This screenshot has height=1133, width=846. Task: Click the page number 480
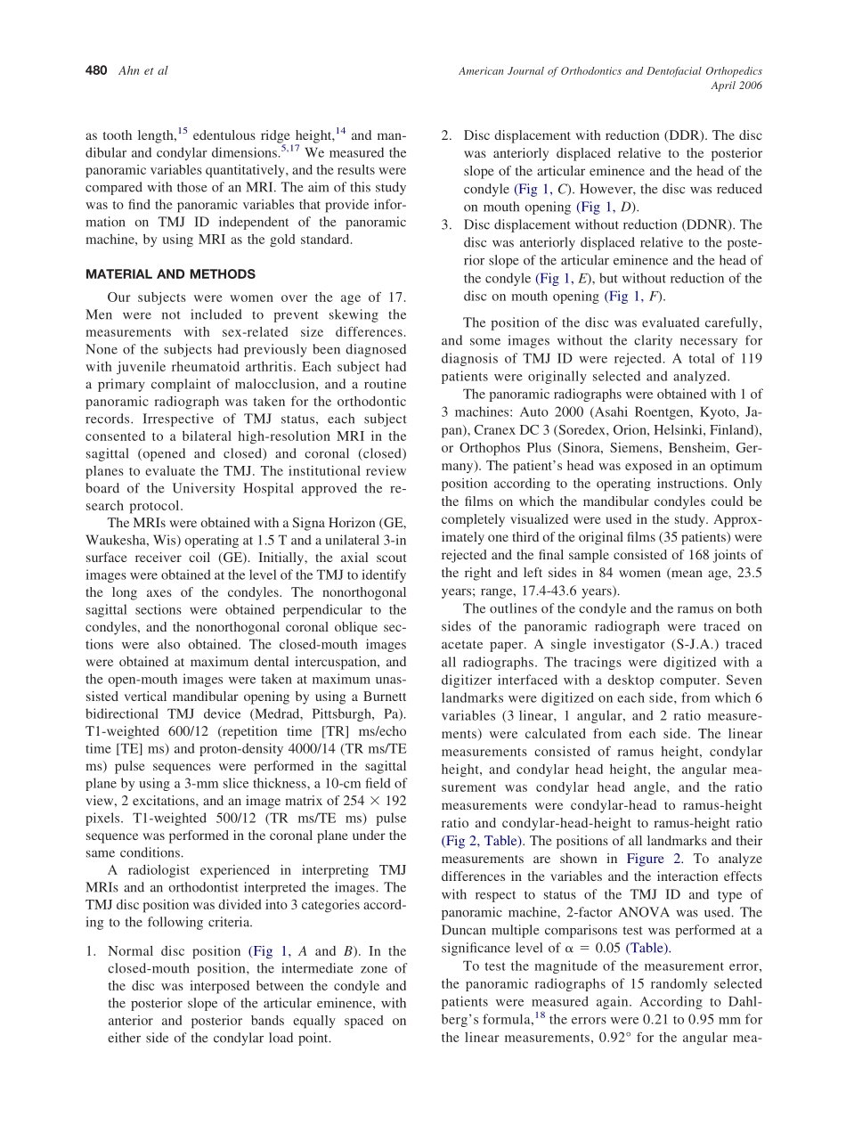point(96,71)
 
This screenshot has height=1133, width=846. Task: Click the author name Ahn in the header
point(130,71)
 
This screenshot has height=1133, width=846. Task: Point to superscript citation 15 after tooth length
point(182,132)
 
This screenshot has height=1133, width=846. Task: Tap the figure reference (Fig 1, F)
point(635,296)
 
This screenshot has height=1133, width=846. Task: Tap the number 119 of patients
point(752,358)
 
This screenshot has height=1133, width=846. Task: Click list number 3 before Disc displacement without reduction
point(446,224)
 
